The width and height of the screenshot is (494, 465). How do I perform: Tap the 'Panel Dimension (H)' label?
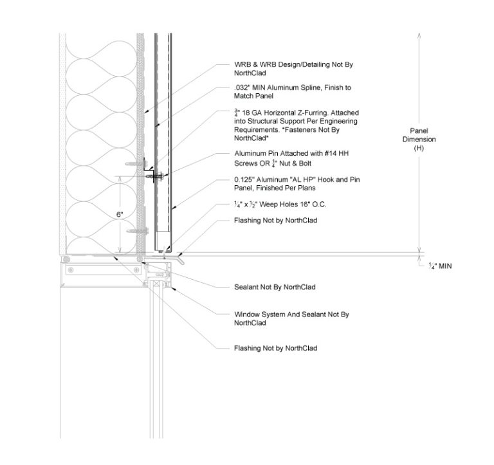(423, 140)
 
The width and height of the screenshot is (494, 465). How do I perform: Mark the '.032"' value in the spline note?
(243, 87)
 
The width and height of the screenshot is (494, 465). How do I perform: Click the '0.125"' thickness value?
(246, 179)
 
